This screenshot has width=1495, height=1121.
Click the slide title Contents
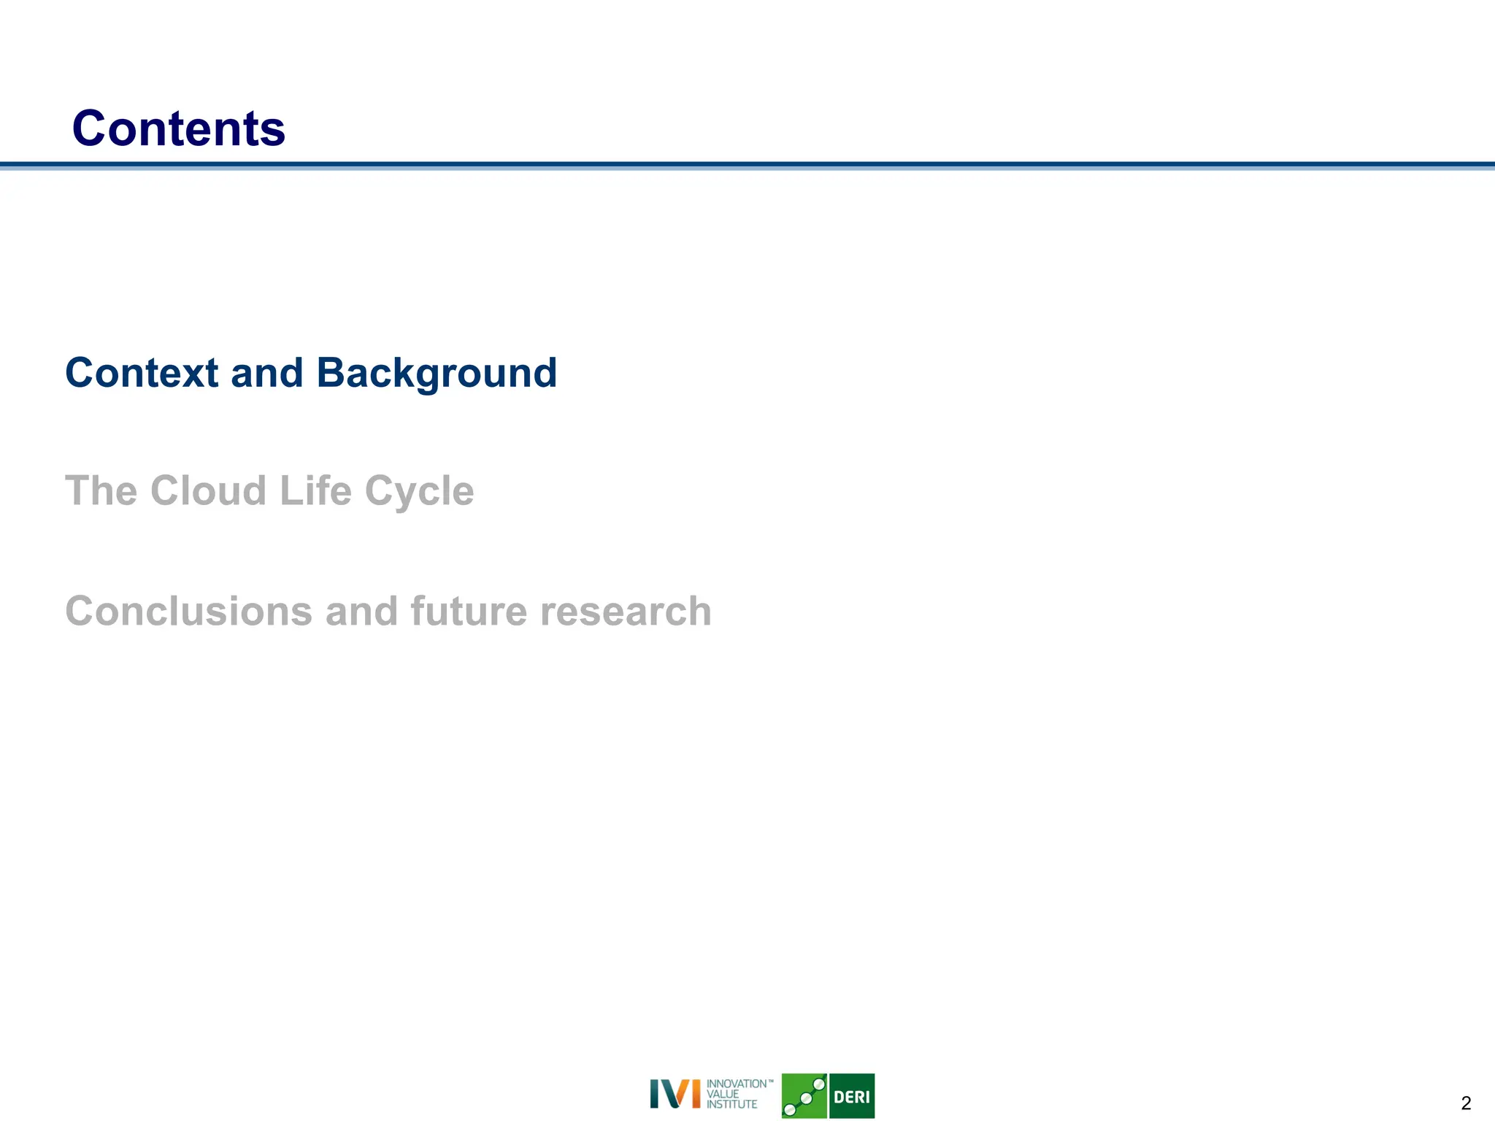coord(178,128)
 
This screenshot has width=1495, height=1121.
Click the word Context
coord(142,373)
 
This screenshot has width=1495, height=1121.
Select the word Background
coord(436,373)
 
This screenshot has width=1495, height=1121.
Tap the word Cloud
coord(208,490)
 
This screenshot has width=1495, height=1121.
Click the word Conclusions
coord(189,611)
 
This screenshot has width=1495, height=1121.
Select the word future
coord(469,611)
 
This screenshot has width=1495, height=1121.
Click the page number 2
coord(1466,1103)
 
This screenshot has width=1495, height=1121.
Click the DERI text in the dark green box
coord(851,1096)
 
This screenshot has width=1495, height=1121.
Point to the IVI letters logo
coord(675,1094)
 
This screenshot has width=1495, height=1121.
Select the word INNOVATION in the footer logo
coord(736,1084)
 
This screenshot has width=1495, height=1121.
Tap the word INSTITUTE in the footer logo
coord(731,1105)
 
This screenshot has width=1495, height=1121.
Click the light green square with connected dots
coord(804,1095)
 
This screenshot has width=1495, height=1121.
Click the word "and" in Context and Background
coord(266,373)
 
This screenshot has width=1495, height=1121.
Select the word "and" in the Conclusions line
coord(361,611)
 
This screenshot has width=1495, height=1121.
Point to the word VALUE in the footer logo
coord(722,1094)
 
